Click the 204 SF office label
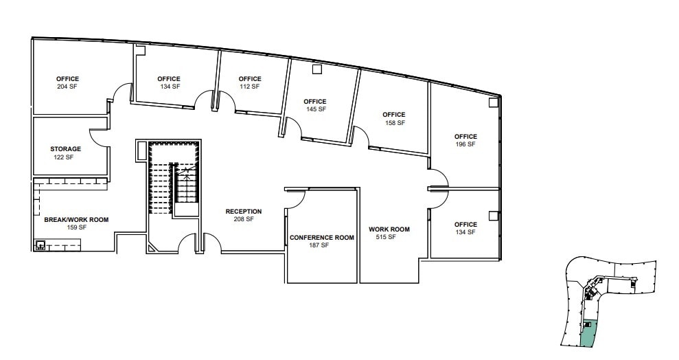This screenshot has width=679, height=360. [67, 83]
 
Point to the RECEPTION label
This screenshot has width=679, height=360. [244, 212]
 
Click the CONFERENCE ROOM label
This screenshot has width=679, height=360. [321, 238]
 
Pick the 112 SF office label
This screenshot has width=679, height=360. [250, 87]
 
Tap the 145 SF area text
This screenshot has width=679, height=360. [315, 109]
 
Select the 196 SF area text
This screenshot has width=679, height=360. [465, 144]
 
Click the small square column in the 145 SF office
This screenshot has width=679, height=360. [317, 69]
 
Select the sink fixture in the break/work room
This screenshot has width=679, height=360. [40, 245]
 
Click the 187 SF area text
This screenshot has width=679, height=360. [319, 245]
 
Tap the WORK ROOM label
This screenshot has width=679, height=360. [389, 229]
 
